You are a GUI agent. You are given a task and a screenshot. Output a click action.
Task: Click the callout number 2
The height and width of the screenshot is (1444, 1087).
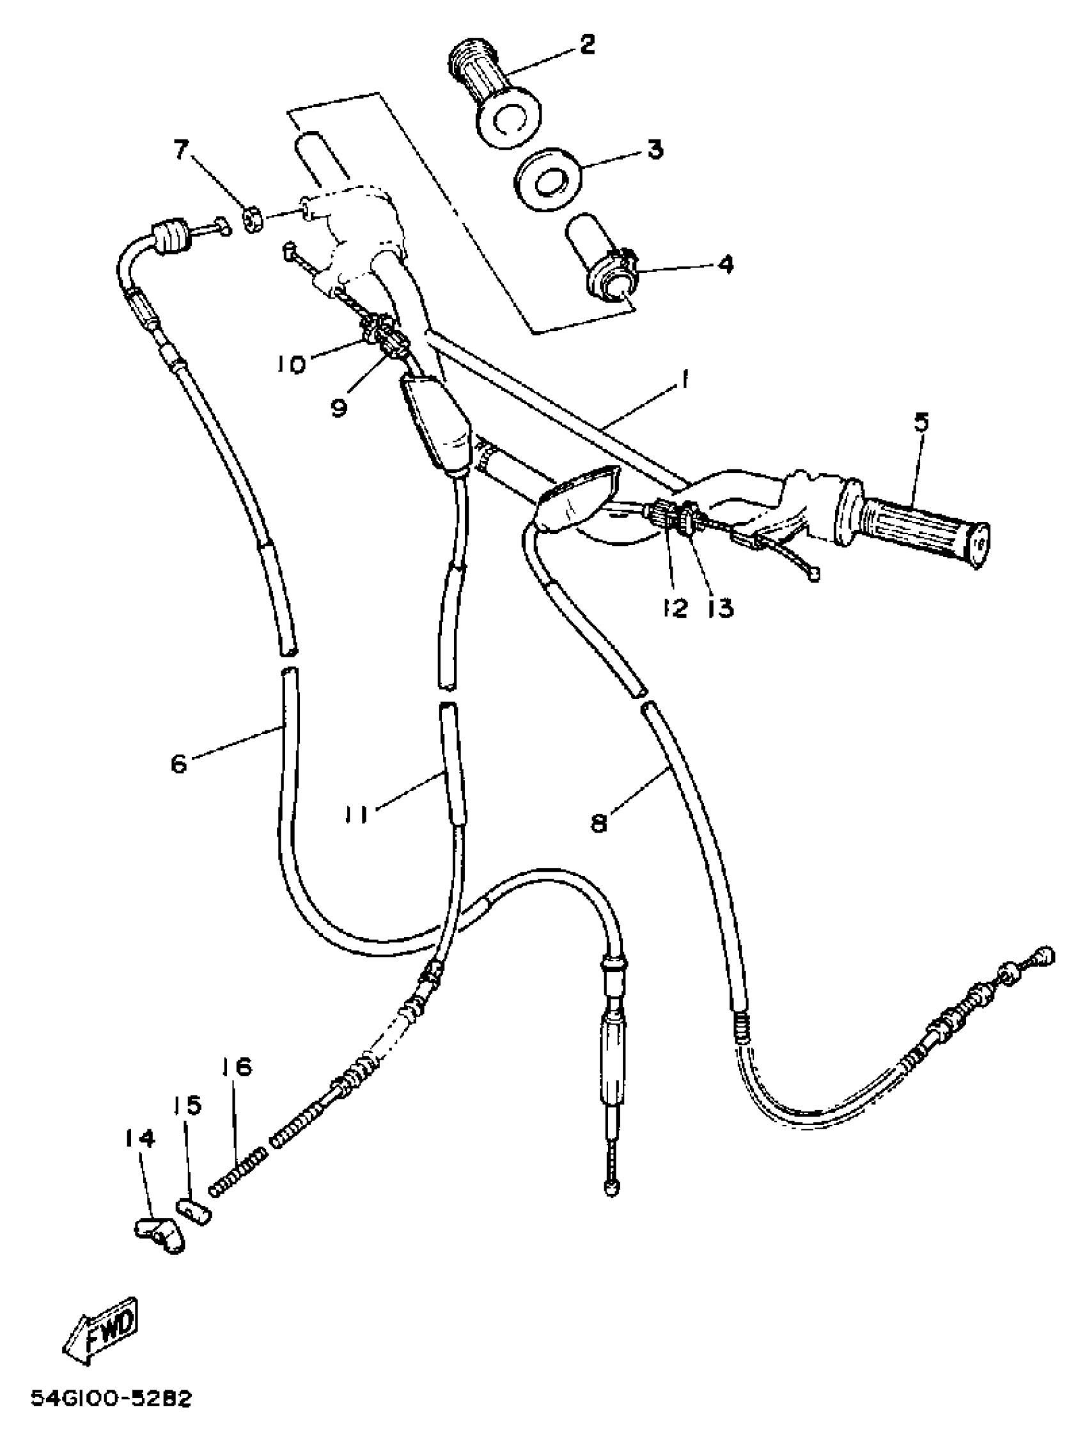586,45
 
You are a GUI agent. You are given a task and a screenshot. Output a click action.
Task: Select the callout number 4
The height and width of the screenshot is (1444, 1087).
724,264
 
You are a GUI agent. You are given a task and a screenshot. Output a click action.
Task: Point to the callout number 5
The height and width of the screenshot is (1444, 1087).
921,423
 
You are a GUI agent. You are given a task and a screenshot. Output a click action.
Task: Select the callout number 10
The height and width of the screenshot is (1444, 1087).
291,365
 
